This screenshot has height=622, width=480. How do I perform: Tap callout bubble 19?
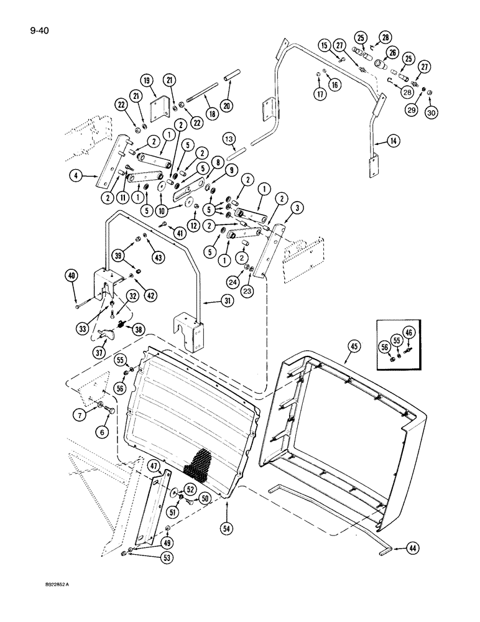pos(146,80)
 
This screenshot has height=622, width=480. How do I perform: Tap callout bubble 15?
pos(325,45)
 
